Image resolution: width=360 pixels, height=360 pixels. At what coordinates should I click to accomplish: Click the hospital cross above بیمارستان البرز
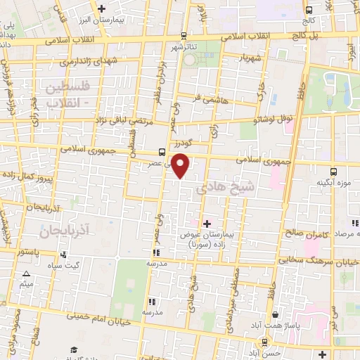click(103, 8)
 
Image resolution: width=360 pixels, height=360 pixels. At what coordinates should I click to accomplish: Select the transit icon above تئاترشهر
click(184, 35)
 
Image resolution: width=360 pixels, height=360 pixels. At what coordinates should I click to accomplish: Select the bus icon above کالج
click(309, 9)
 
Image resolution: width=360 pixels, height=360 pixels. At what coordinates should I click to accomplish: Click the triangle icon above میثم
click(26, 274)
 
